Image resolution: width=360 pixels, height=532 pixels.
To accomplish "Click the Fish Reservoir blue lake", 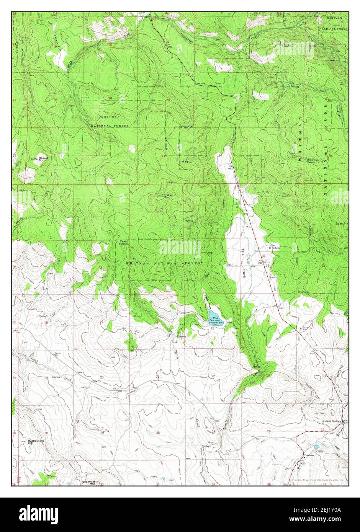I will pos(215,315).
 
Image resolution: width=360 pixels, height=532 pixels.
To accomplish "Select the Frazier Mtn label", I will pos(168,196).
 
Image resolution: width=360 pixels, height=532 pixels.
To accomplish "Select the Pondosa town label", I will pos(309,455).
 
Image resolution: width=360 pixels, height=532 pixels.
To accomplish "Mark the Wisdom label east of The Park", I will pos(274,248).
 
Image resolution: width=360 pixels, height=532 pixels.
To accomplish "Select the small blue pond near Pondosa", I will pos(316,447).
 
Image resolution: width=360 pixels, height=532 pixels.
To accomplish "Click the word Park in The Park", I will pos(244,273).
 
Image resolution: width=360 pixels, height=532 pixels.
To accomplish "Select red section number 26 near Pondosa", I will pos(269,431).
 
